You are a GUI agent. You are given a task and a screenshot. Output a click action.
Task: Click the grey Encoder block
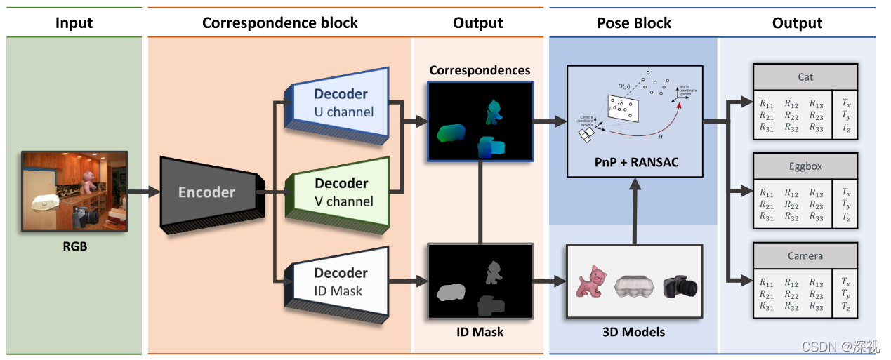(x=207, y=193)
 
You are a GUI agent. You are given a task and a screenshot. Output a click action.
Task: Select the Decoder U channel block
(x=341, y=102)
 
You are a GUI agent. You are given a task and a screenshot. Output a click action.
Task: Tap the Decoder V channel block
(x=341, y=192)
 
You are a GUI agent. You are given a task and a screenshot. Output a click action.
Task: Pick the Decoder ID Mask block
(x=341, y=281)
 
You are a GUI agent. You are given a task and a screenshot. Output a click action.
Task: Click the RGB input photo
(x=75, y=191)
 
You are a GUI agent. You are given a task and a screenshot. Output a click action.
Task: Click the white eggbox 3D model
(x=635, y=286)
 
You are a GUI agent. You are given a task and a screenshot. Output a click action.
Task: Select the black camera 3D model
(x=679, y=285)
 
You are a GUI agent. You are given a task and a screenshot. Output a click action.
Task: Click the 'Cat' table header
(x=805, y=77)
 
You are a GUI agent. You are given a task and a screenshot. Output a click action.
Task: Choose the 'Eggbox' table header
(x=805, y=167)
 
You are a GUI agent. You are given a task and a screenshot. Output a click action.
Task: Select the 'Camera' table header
(x=805, y=256)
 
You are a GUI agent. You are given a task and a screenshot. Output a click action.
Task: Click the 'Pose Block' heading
(x=633, y=23)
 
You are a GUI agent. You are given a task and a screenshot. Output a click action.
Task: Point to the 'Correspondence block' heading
(x=280, y=23)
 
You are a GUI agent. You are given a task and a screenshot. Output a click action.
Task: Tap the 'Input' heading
(x=74, y=23)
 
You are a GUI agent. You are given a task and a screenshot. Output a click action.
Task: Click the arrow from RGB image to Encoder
(x=144, y=191)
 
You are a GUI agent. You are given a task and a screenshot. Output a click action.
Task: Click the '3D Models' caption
(x=634, y=332)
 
